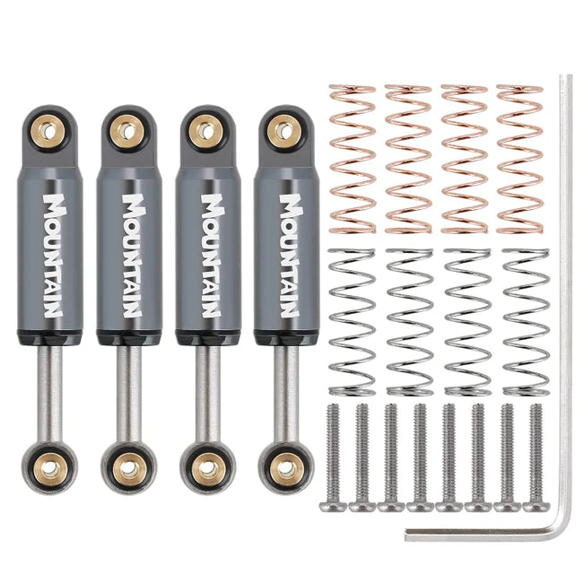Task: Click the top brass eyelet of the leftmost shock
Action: coord(49,132)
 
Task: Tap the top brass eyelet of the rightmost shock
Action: coord(283,132)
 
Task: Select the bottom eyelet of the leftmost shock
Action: coord(51,468)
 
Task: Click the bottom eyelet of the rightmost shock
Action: coord(286,468)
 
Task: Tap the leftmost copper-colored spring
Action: coord(352,159)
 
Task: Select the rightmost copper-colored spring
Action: coord(519,159)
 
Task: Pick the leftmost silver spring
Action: coord(352,321)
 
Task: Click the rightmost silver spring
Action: coord(525,321)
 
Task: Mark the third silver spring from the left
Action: coord(467,321)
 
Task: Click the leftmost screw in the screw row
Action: coord(334,457)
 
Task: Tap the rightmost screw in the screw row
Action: coord(536,457)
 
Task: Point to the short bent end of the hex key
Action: coord(484,534)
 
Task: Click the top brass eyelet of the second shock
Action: coord(127,132)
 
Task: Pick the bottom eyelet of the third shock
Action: coord(208,468)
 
